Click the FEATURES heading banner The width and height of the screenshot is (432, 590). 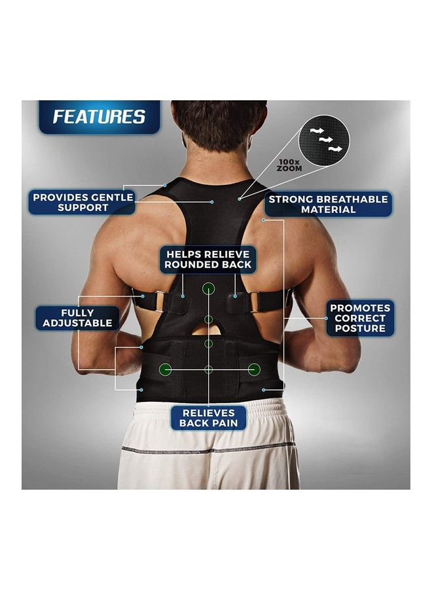(x=99, y=117)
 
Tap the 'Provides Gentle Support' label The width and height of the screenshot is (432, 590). (x=82, y=203)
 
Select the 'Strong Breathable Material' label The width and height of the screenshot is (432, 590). (x=328, y=205)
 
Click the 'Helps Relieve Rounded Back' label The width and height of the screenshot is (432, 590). (x=208, y=260)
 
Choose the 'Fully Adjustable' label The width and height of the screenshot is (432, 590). (x=77, y=318)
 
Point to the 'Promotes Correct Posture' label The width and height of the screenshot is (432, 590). (x=360, y=319)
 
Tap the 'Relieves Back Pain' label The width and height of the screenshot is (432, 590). (x=209, y=418)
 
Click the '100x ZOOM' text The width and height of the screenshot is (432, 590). (x=289, y=166)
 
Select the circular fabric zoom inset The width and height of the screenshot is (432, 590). (x=324, y=140)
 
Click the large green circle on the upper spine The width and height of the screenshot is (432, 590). (x=209, y=288)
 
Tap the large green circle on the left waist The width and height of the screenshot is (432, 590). (x=166, y=370)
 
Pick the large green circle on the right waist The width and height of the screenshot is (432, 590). (x=255, y=370)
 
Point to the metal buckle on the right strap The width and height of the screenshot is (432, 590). (x=253, y=302)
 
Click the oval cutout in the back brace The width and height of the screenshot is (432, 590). (x=209, y=329)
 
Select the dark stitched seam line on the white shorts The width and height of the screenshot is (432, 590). (x=209, y=449)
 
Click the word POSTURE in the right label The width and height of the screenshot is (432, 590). (x=360, y=328)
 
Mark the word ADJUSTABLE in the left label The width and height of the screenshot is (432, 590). (x=77, y=323)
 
